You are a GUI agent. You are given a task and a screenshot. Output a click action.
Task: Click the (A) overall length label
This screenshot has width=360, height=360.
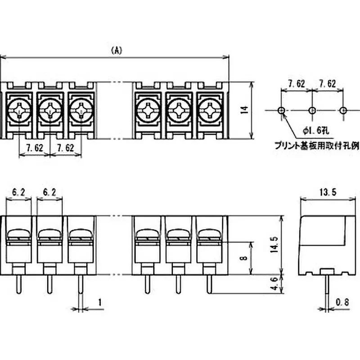[116, 50]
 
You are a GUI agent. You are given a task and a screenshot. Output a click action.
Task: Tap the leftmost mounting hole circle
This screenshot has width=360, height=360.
[281, 110]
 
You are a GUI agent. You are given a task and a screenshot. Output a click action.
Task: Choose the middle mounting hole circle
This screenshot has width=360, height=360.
[312, 110]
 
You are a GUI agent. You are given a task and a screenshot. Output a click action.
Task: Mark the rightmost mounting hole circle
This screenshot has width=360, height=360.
[343, 110]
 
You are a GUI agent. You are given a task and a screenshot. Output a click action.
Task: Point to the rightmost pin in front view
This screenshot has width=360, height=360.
[208, 283]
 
